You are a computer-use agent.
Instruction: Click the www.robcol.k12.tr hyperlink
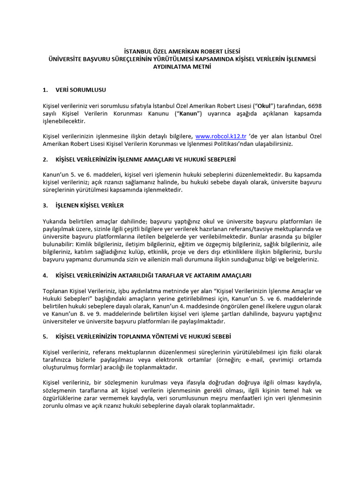pos(221,136)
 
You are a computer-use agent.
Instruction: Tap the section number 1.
pos(45,90)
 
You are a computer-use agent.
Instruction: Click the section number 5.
pos(45,337)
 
